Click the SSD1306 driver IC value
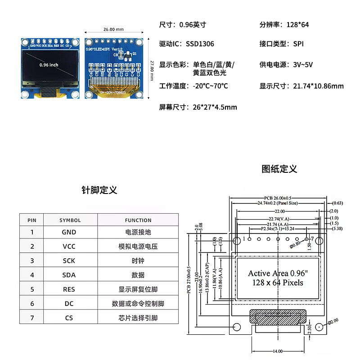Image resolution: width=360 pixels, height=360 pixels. tap(200, 44)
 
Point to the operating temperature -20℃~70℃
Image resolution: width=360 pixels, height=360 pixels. tap(210, 86)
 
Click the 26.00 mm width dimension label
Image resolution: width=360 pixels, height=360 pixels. tap(113, 29)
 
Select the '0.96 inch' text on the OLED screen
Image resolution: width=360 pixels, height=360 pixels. tap(49, 65)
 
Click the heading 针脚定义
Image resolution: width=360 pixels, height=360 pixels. tap(99, 190)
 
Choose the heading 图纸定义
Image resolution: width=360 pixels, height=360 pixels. tap(279, 169)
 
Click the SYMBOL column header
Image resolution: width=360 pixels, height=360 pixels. tap(70, 220)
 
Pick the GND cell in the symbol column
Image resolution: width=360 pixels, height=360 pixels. tap(69, 232)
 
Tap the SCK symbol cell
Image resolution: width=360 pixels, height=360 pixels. tap(69, 261)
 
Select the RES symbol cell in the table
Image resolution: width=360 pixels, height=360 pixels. tap(69, 289)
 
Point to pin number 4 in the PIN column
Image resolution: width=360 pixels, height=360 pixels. tap(32, 275)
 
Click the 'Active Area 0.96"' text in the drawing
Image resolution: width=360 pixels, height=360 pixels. tap(278, 273)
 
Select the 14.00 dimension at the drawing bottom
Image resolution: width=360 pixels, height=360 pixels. tap(277, 351)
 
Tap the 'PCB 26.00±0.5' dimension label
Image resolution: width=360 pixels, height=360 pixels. tap(278, 198)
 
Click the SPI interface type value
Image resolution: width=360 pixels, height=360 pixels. tap(298, 44)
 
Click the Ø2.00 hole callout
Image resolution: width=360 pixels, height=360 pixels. tap(333, 321)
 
